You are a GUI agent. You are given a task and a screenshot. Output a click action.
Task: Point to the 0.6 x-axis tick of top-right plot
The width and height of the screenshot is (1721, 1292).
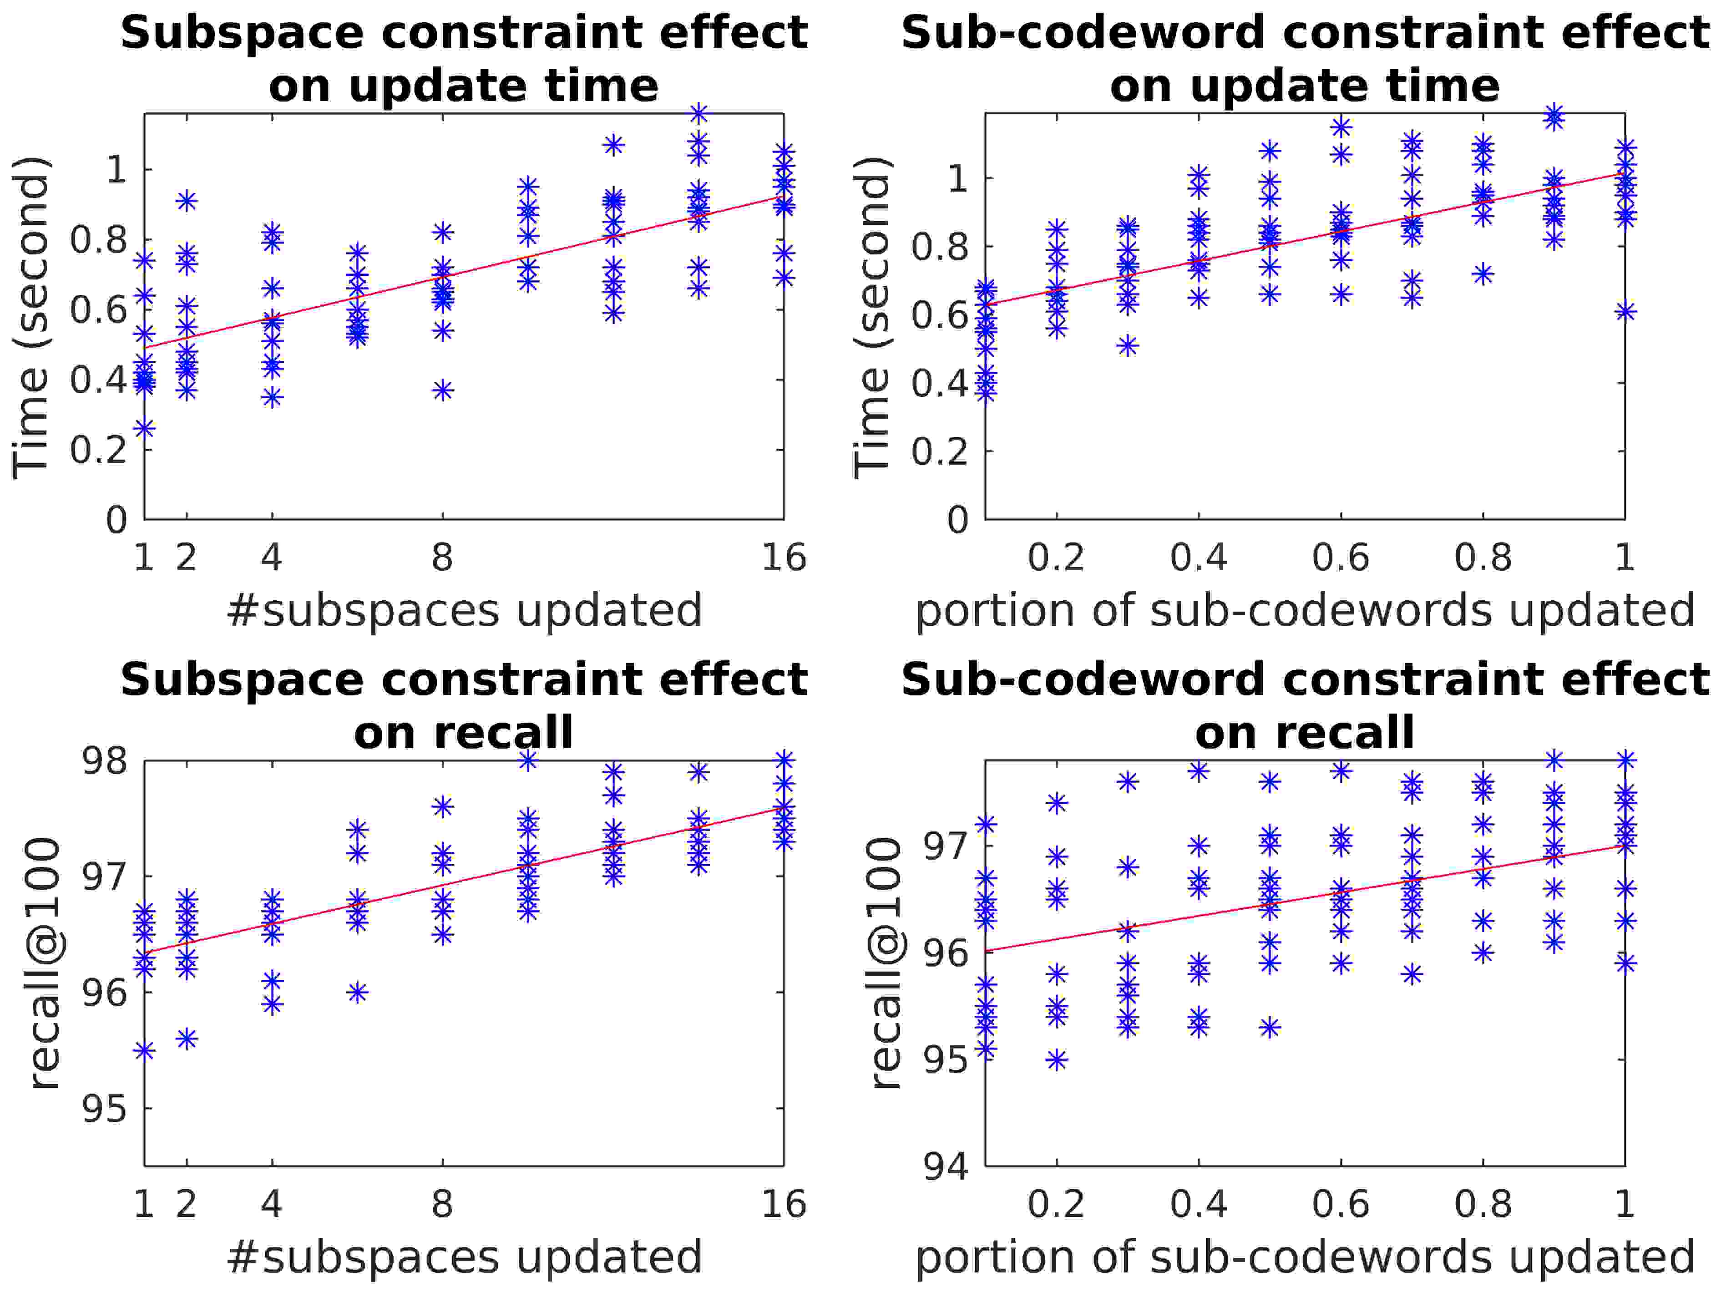[x=1341, y=558]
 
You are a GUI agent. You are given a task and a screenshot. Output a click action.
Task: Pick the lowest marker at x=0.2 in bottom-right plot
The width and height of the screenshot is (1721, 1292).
[x=1057, y=1060]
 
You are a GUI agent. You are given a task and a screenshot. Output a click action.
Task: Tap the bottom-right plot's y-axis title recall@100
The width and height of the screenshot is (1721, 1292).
[x=886, y=963]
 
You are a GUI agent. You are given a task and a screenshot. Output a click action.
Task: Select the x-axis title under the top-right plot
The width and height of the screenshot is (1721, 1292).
[x=1305, y=610]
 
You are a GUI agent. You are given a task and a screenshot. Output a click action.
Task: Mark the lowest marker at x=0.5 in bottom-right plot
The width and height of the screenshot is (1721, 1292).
[x=1270, y=1028]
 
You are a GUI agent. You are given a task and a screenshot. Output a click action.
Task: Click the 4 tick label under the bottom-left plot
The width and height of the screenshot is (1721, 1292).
[x=272, y=1204]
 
